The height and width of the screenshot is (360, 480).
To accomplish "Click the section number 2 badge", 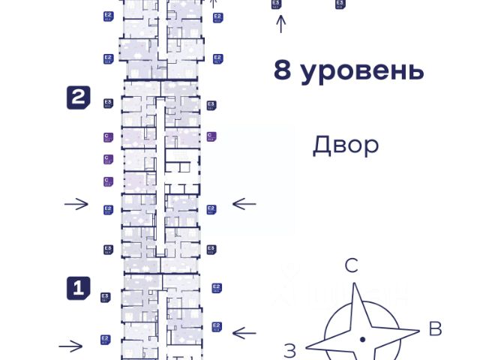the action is [79, 97].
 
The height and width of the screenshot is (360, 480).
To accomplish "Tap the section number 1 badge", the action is [79, 287].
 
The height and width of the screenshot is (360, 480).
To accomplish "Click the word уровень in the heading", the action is [361, 71].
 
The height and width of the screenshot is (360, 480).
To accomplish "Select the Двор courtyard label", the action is [346, 145].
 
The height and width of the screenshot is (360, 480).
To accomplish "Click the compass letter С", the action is [351, 265].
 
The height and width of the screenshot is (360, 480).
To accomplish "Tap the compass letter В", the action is [434, 328].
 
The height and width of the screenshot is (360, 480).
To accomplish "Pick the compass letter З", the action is [290, 348].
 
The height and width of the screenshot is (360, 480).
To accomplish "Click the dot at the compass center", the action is [362, 340].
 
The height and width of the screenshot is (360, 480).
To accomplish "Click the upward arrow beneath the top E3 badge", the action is [281, 24].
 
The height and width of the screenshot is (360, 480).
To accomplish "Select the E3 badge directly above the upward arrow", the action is [277, 4].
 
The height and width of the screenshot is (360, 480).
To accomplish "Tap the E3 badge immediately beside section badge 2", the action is [108, 103].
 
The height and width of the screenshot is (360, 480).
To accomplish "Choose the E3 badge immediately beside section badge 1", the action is [106, 298].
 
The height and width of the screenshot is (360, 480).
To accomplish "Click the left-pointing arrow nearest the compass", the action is [244, 332].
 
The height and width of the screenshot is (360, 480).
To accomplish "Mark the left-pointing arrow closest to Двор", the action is [244, 203].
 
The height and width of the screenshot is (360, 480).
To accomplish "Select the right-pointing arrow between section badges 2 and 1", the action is [76, 204].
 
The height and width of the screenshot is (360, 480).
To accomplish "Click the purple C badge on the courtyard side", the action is [211, 136].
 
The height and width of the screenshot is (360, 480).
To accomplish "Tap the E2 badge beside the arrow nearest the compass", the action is [217, 326].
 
